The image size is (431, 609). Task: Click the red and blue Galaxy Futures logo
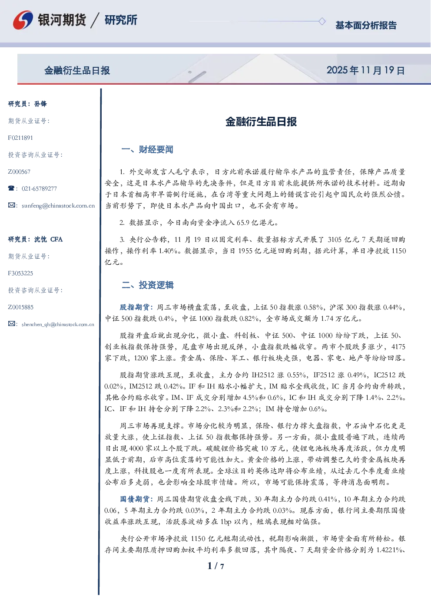tap(23, 20)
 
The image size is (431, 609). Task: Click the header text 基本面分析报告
tap(366, 25)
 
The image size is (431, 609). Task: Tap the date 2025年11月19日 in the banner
tap(365, 70)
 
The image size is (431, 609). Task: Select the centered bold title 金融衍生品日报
tap(261, 122)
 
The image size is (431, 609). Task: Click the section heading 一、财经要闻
tap(147, 149)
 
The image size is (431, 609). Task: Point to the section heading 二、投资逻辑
tap(147, 285)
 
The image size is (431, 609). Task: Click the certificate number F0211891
tap(20, 138)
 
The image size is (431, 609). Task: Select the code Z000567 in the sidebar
tap(19, 172)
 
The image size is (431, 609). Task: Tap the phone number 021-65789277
tap(39, 189)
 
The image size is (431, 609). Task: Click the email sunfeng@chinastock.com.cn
tap(58, 206)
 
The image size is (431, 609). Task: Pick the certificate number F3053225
tap(20, 273)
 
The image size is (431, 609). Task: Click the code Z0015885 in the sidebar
tap(21, 307)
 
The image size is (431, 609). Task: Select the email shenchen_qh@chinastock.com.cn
tap(58, 324)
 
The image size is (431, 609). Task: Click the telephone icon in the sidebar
tap(11, 188)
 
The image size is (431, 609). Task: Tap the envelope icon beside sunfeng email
tap(11, 205)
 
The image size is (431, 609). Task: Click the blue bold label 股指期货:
tap(137, 307)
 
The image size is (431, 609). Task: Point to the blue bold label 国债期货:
tap(137, 499)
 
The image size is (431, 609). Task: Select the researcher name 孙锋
tap(40, 104)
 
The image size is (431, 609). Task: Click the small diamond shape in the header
tap(322, 21)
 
